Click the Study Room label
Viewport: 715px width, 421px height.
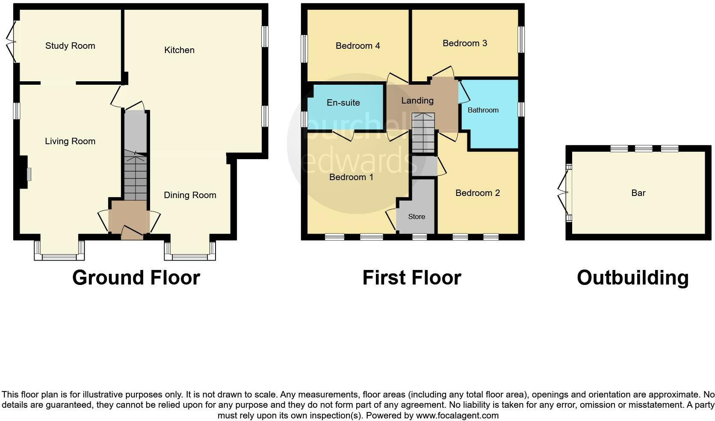tap(70, 46)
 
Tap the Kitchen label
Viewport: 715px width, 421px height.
tap(179, 50)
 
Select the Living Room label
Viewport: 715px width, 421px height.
tap(70, 141)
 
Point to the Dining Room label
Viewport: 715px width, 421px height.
tap(190, 195)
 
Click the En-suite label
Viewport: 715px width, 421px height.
tap(343, 103)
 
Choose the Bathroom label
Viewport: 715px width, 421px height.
tap(483, 110)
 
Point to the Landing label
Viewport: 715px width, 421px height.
tap(417, 101)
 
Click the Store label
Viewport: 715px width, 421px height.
tap(417, 216)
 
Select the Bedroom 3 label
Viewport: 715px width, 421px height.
tap(465, 43)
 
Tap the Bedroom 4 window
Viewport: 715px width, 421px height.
tap(304, 48)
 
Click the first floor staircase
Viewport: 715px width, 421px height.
tap(423, 133)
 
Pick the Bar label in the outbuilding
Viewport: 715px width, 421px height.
tap(638, 193)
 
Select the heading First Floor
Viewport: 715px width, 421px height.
tap(411, 278)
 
